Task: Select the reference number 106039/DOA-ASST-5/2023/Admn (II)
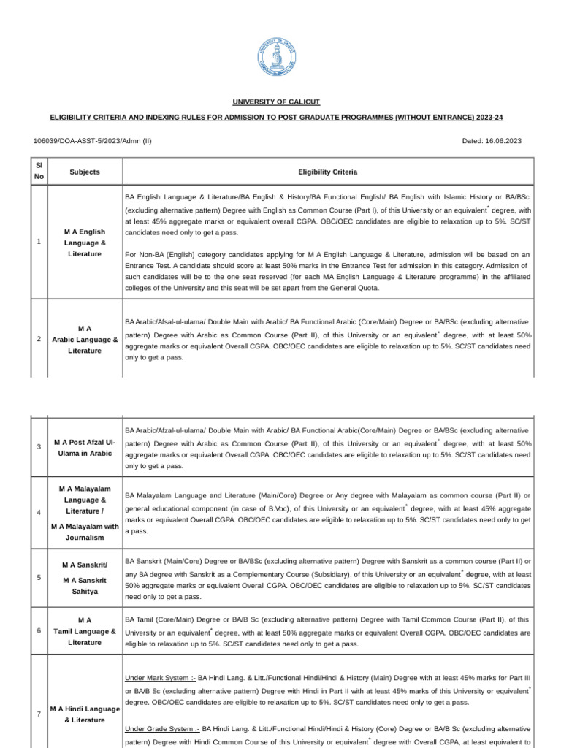[93, 140]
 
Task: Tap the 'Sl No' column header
[39, 172]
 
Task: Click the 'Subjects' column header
[85, 172]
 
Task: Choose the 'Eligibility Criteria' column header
[327, 172]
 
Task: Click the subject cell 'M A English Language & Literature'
[85, 242]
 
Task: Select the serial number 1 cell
[38, 242]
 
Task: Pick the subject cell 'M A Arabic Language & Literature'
[85, 340]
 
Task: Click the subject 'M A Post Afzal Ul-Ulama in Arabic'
[85, 448]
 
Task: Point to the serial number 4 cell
[38, 512]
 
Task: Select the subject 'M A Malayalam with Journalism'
[85, 532]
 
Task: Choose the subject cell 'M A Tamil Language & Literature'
[85, 631]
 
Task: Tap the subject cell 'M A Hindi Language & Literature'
[85, 714]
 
